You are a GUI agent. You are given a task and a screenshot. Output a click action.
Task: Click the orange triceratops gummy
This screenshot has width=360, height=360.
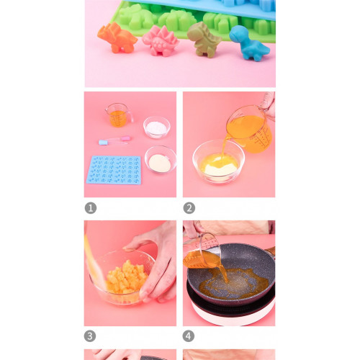(117, 37)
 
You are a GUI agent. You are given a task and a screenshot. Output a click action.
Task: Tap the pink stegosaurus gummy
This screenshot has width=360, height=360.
(161, 41)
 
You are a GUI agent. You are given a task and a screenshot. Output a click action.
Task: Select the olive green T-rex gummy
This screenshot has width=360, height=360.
(204, 40)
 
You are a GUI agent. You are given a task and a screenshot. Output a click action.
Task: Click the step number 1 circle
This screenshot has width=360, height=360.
(91, 208)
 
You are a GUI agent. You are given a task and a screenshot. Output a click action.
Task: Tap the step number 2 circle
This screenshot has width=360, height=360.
(189, 208)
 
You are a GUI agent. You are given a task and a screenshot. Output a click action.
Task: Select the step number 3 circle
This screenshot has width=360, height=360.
(90, 336)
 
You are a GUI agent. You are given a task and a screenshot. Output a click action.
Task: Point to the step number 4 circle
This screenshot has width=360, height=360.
(189, 336)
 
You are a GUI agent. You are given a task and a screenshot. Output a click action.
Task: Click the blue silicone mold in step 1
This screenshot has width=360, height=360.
(114, 170)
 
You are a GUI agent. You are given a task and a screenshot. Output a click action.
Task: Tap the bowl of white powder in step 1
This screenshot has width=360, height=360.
(157, 127)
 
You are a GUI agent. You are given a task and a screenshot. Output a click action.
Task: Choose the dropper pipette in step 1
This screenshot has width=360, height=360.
(114, 140)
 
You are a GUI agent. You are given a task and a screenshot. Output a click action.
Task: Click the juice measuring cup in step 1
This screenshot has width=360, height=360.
(119, 115)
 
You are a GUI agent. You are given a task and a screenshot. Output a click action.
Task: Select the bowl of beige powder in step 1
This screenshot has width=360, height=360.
(160, 160)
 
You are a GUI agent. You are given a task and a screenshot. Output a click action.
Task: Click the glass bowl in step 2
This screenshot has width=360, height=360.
(218, 162)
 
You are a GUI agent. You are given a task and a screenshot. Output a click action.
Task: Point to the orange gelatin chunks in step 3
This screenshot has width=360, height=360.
(127, 277)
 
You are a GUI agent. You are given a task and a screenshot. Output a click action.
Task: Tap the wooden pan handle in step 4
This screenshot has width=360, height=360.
(271, 251)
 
